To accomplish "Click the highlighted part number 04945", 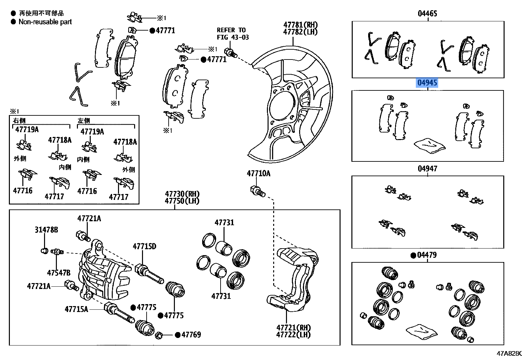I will point(427,83).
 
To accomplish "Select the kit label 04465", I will point(427,13).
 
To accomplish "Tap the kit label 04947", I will point(427,169).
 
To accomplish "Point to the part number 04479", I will point(427,255).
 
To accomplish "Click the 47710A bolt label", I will point(258,174).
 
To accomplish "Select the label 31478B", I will point(46,230).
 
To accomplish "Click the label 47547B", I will point(59,273).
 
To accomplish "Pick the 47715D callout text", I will point(144,247).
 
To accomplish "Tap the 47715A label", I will point(76,309).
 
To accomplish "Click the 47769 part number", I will point(191,335).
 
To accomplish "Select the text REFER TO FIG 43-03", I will point(232,34).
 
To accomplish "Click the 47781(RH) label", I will point(300,25).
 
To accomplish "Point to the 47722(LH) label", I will point(293,335).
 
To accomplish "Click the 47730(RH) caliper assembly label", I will point(182,194).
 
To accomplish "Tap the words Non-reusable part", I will point(45,22).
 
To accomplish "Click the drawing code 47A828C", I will point(509,353).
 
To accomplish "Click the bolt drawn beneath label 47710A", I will point(257,191).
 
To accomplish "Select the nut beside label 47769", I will point(159,335).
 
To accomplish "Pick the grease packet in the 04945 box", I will point(429,145).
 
